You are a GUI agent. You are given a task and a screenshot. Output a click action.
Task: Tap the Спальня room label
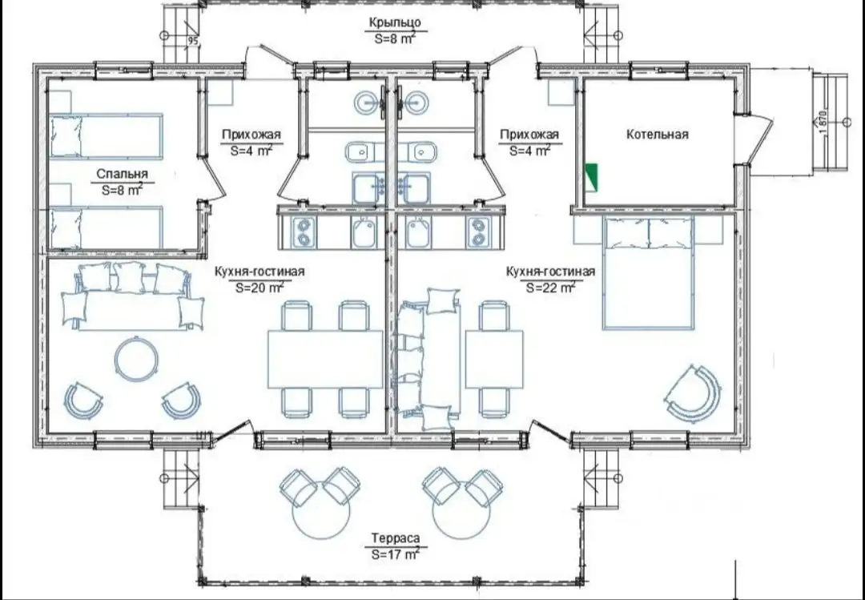coord(122,174)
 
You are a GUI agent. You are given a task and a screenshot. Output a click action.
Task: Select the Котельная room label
coord(657,134)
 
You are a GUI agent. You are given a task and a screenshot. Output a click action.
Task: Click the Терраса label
coord(395,538)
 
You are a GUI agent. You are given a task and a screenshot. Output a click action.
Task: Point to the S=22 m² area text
coord(550,287)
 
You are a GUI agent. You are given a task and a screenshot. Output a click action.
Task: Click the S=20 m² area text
coord(259,287)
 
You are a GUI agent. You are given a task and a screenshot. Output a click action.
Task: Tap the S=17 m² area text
coord(395,554)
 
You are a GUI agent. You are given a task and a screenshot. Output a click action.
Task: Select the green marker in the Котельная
coord(591,176)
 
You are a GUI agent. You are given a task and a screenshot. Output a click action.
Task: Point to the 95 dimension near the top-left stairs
coord(192,41)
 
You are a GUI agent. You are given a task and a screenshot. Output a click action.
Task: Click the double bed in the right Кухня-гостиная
coord(648,273)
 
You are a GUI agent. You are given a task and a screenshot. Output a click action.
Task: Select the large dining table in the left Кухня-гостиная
coord(325,359)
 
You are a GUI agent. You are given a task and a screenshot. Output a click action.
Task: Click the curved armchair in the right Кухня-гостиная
coord(693,393)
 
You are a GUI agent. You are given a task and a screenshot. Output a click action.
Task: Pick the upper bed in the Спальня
coord(107,136)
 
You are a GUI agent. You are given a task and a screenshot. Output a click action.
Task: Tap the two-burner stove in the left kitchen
coord(304,232)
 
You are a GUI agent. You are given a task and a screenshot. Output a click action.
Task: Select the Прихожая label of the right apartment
coord(529,134)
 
